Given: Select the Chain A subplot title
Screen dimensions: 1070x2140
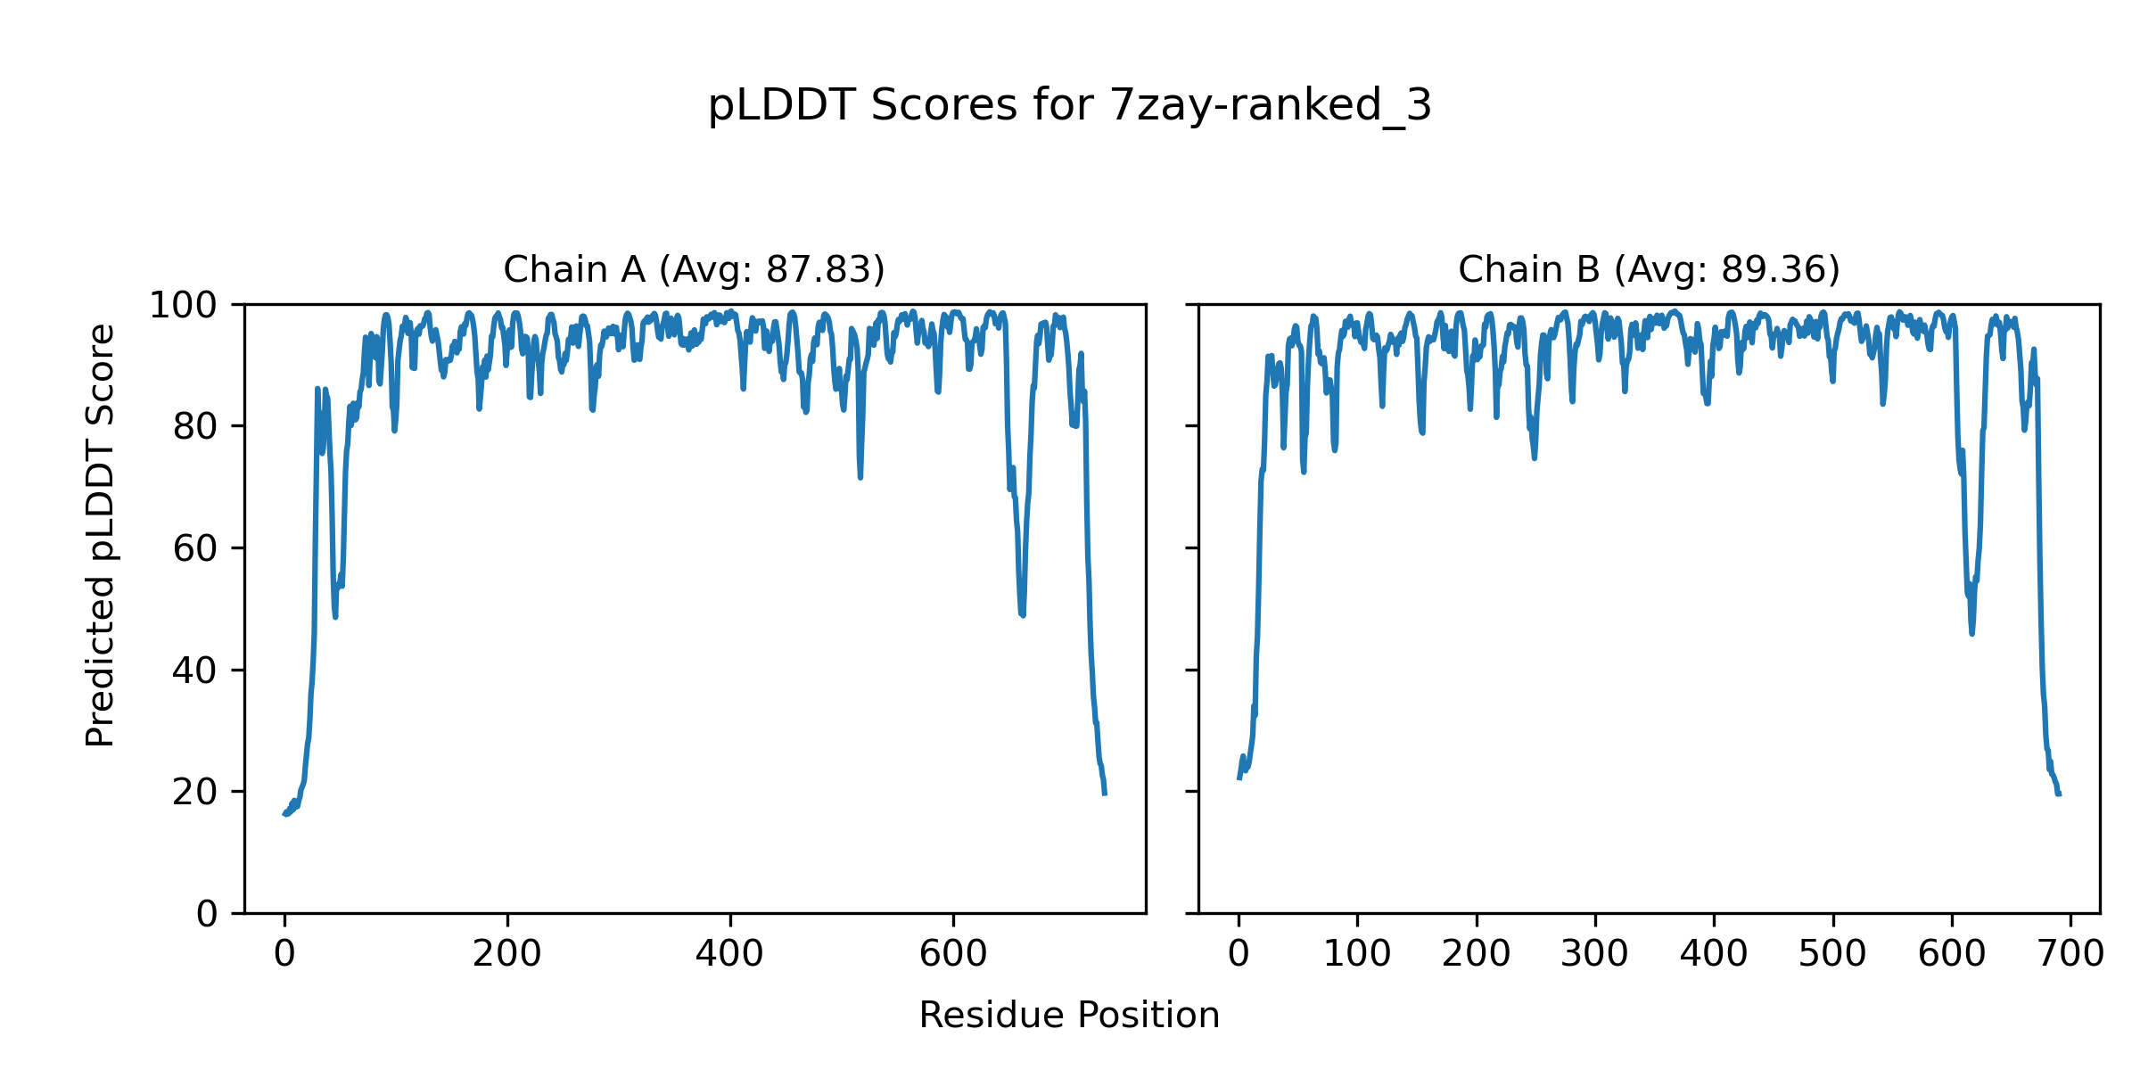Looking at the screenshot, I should [694, 269].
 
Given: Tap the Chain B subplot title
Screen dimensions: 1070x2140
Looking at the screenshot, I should [1649, 269].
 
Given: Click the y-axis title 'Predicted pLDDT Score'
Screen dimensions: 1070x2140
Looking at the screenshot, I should [101, 535].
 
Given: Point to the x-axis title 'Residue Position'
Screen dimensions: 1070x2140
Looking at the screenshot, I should [1069, 1016].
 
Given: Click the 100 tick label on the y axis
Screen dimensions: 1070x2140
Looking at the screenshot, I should [183, 306].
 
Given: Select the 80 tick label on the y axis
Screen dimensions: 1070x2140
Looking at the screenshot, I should [195, 427].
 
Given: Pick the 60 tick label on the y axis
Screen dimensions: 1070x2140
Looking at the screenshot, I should [195, 548].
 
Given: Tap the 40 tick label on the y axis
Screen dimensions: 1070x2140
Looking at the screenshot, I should [195, 671].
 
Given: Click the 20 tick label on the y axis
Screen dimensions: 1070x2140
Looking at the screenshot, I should [195, 792].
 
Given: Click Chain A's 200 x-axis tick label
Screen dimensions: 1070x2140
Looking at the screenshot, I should [507, 955].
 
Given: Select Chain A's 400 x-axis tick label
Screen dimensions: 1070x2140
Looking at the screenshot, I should [730, 955].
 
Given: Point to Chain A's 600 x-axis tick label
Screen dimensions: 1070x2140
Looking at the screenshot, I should [953, 955].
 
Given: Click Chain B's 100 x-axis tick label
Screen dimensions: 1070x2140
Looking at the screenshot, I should [1357, 955].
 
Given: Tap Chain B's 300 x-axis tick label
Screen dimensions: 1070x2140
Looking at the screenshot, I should [1595, 955].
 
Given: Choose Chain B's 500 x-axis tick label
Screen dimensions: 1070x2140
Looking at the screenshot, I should [1833, 955].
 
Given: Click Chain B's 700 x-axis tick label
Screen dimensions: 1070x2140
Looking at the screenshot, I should [2071, 955].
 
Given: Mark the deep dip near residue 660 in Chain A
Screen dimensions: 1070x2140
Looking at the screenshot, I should [1022, 614].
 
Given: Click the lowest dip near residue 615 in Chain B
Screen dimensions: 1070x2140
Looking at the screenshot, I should [1971, 632].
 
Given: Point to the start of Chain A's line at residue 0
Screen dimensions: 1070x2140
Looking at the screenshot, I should [285, 814].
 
